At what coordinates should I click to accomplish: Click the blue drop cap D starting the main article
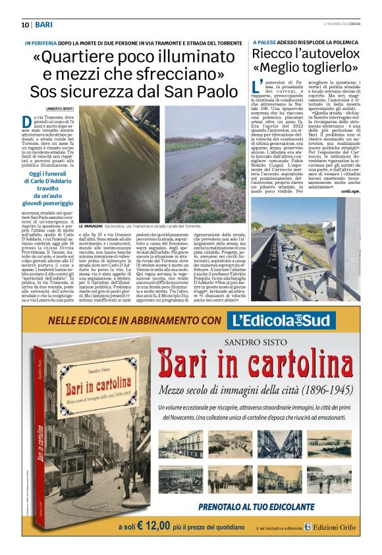pyautogui.click(x=27, y=121)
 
